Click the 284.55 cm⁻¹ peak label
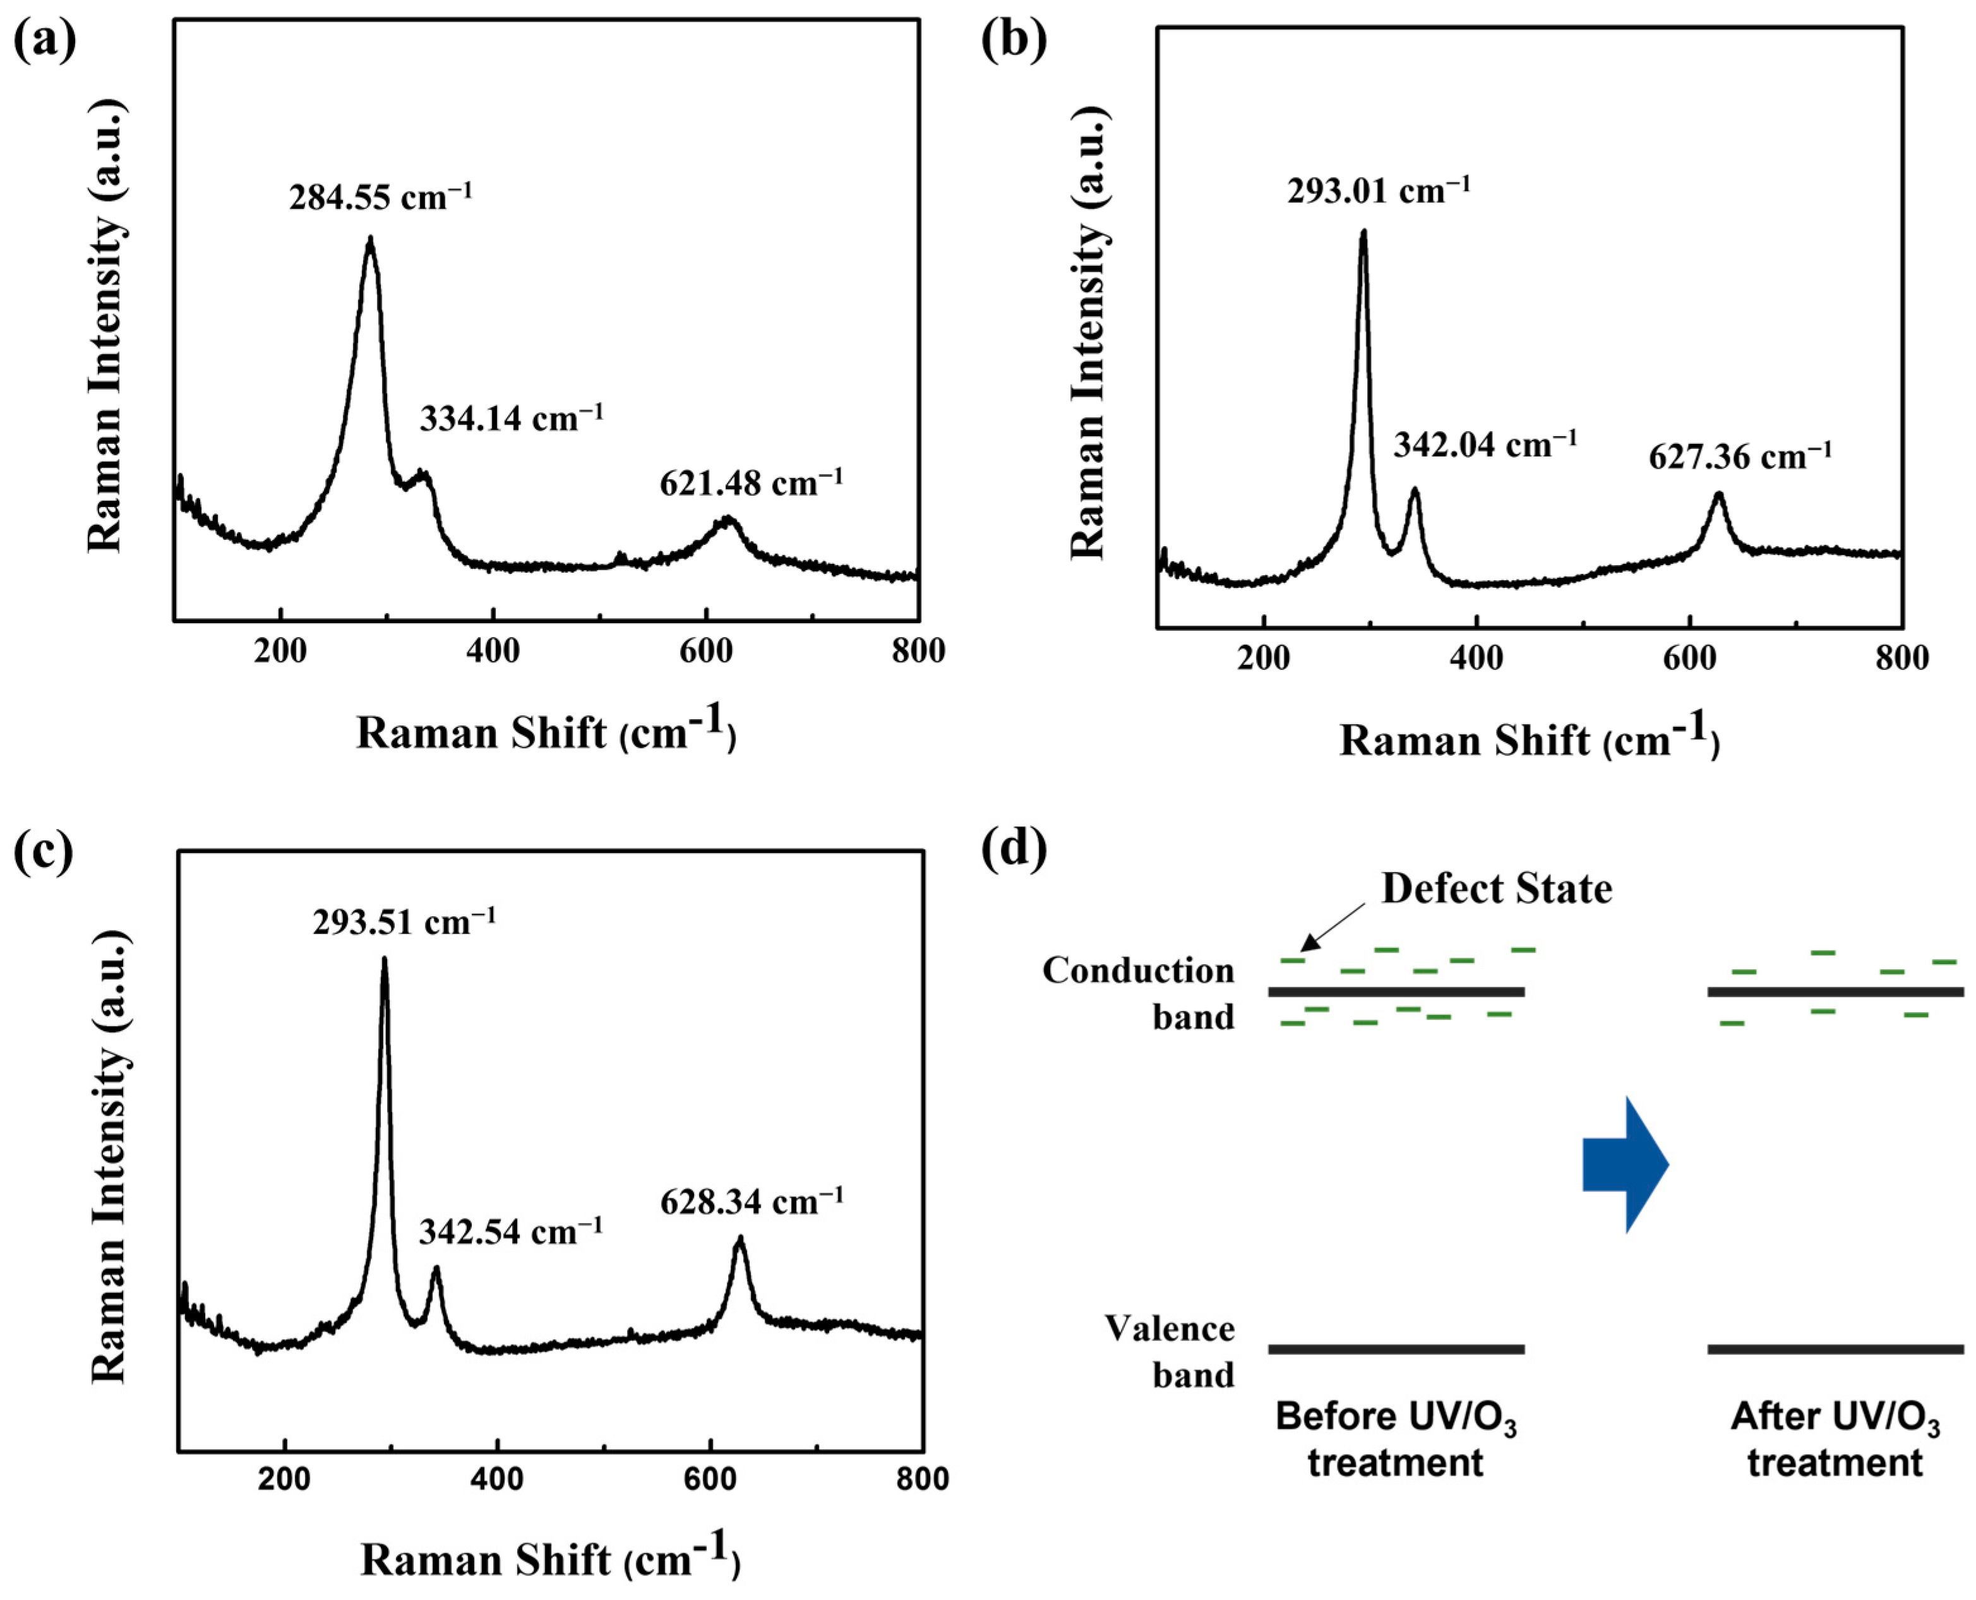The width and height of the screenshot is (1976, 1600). [380, 197]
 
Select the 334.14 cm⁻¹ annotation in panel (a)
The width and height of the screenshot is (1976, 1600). [512, 419]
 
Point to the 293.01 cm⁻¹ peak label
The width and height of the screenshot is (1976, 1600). [1378, 191]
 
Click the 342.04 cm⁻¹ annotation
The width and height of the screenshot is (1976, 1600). [1485, 445]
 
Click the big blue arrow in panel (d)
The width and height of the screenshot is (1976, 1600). [1625, 1165]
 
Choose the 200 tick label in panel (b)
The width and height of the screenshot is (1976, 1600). [1262, 658]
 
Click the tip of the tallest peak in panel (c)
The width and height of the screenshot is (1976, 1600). [385, 960]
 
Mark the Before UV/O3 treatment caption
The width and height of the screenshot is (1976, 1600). [1396, 1440]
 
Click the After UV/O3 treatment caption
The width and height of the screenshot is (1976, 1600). [1834, 1440]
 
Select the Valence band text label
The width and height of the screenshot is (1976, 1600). [1170, 1352]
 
